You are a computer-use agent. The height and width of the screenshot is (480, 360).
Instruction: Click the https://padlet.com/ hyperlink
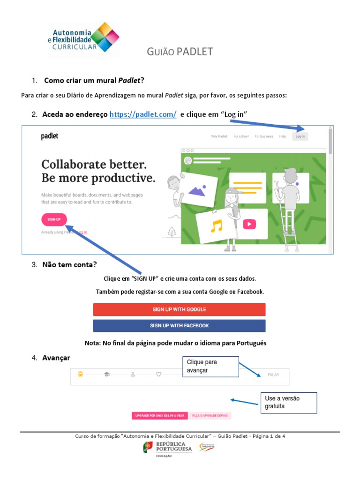point(143,115)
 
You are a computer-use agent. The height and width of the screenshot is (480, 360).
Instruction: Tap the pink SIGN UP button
point(54,219)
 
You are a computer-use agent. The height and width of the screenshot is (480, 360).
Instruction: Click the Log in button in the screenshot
point(300,136)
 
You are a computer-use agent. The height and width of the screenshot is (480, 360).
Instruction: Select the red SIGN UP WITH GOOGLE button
point(179,309)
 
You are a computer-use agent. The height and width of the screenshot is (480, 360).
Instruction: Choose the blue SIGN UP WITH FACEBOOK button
point(179,325)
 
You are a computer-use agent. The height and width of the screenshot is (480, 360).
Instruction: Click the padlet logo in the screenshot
point(50,136)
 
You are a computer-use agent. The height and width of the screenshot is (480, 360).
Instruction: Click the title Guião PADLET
point(180,52)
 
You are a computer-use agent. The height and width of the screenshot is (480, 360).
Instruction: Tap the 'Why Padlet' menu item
point(219,136)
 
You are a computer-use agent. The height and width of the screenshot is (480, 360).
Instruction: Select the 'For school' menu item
point(241,136)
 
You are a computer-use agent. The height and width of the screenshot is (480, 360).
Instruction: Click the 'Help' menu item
point(283,136)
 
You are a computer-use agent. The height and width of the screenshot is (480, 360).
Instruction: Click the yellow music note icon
point(216,226)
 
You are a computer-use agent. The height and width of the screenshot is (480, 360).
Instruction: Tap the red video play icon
point(249,224)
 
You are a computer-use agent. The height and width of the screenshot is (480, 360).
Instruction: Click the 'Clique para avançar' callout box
point(210,366)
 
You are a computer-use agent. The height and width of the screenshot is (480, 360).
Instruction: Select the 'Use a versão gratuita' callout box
point(288,403)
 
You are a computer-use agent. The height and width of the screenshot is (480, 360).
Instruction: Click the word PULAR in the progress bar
point(273,375)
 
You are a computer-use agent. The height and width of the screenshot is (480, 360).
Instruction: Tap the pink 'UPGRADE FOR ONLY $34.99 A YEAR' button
point(160,415)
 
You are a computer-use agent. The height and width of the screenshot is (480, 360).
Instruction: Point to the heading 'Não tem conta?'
point(69,264)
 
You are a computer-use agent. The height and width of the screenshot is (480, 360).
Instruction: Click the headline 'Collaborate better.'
point(94,165)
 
